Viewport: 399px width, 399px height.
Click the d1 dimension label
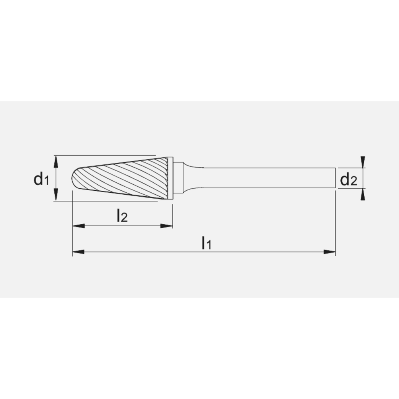tap(41, 179)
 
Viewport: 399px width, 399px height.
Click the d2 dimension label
tap(348, 180)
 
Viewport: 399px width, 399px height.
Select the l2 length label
tap(122, 216)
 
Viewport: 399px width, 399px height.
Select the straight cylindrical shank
tap(267, 178)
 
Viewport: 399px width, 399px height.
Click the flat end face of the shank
tap(334, 178)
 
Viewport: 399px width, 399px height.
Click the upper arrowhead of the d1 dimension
tap(56, 161)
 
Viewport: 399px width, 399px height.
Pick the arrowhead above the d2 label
tap(362, 162)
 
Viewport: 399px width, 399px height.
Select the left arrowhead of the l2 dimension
tap(78, 226)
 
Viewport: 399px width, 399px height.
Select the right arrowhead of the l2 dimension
tap(167, 226)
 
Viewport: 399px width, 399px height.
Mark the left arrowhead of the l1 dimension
tap(78, 252)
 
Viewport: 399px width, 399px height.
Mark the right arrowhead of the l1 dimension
tap(329, 252)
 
